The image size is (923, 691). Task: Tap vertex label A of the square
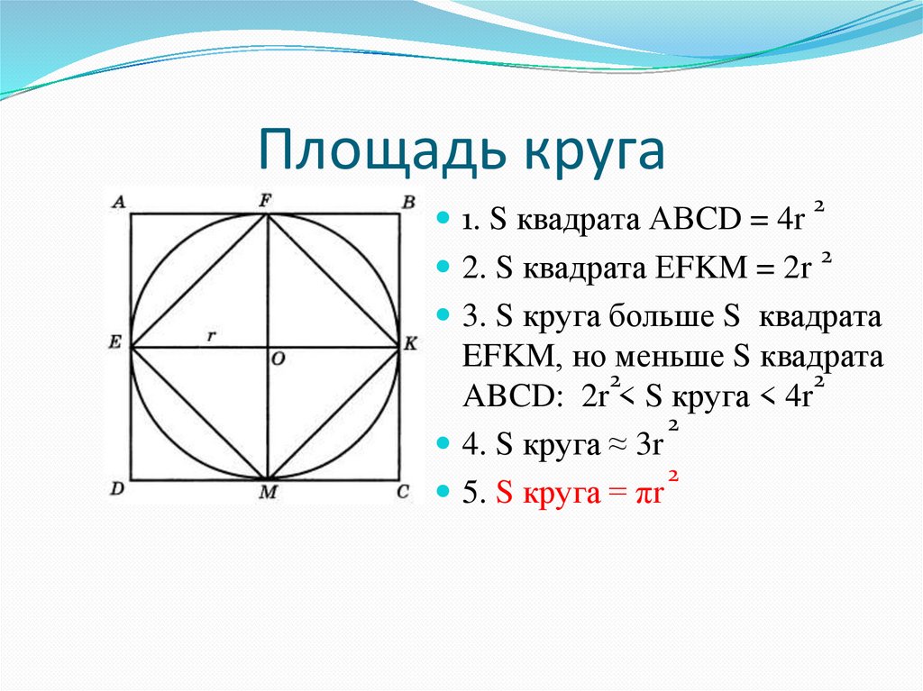[x=117, y=203]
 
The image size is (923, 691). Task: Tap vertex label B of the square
[x=408, y=202]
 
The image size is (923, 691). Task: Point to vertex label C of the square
[x=404, y=490]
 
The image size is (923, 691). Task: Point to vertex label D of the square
[x=117, y=490]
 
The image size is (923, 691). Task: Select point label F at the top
[x=266, y=201]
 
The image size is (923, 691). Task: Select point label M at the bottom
[x=268, y=492]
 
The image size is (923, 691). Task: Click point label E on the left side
[x=115, y=342]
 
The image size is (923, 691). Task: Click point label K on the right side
[x=410, y=343]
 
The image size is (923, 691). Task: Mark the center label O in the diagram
[x=279, y=359]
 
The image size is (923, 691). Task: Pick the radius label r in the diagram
[x=211, y=334]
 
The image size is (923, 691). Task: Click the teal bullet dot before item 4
[x=442, y=444]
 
